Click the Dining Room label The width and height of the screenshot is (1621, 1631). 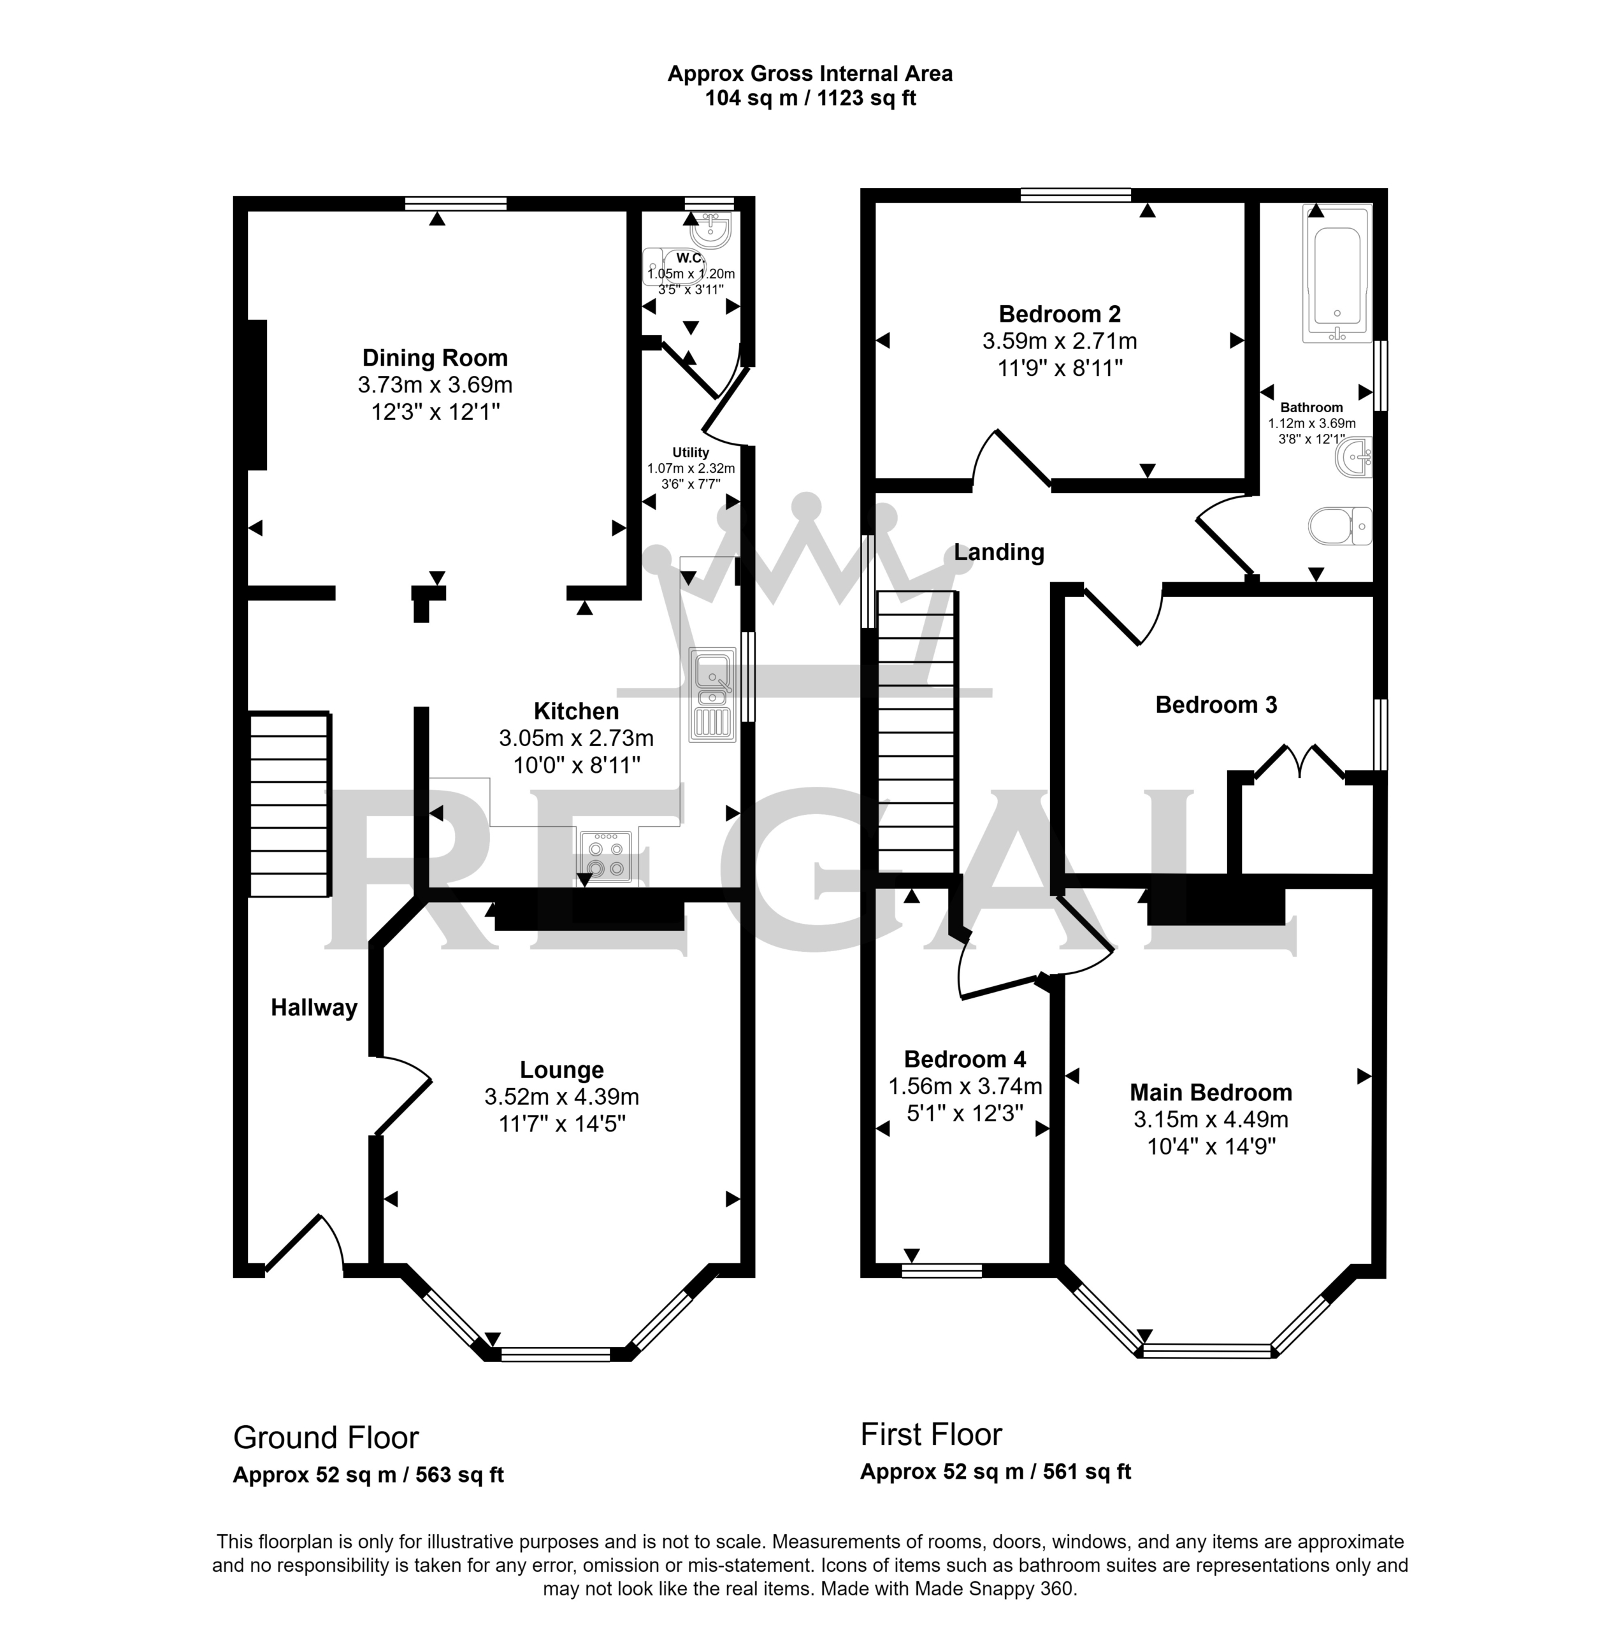click(x=435, y=358)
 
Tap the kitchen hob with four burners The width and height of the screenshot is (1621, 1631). click(x=605, y=856)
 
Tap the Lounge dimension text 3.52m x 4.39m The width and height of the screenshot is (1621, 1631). click(x=561, y=1096)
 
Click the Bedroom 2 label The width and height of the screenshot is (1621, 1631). click(x=1060, y=314)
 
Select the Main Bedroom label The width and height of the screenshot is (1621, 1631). click(x=1211, y=1093)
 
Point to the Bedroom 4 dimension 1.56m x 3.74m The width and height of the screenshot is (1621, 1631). click(x=965, y=1086)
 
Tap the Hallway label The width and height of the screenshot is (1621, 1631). click(x=314, y=1007)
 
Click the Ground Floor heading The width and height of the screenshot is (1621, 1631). click(x=326, y=1437)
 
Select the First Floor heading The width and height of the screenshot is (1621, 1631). click(x=931, y=1433)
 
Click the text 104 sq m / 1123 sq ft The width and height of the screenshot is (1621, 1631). click(x=810, y=98)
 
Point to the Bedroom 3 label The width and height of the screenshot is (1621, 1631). click(x=1216, y=704)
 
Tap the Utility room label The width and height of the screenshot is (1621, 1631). click(x=691, y=452)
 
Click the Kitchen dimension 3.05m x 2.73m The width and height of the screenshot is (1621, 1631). click(x=577, y=738)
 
